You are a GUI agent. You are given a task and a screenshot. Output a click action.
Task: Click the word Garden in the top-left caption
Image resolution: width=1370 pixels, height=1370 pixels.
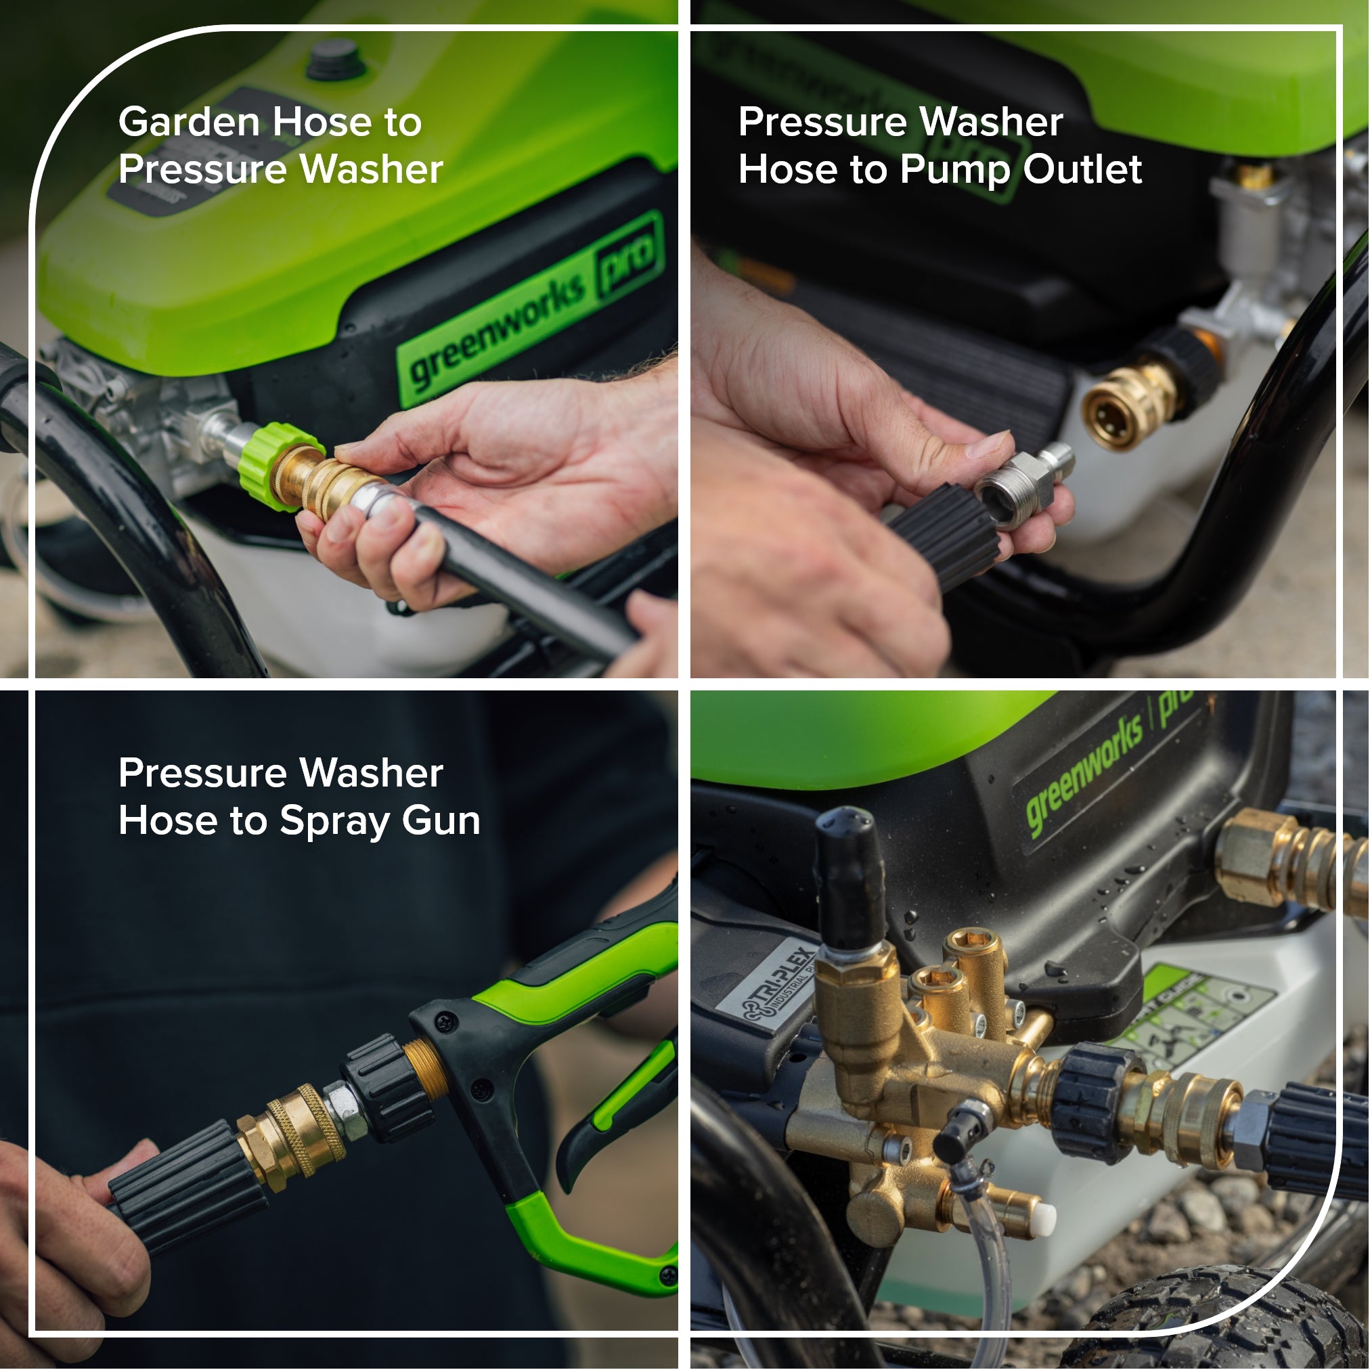[188, 123]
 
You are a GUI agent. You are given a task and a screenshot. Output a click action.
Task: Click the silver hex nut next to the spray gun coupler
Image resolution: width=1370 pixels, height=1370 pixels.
[345, 1110]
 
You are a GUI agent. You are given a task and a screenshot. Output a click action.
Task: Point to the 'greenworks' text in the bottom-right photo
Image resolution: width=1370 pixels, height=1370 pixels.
[1085, 780]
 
